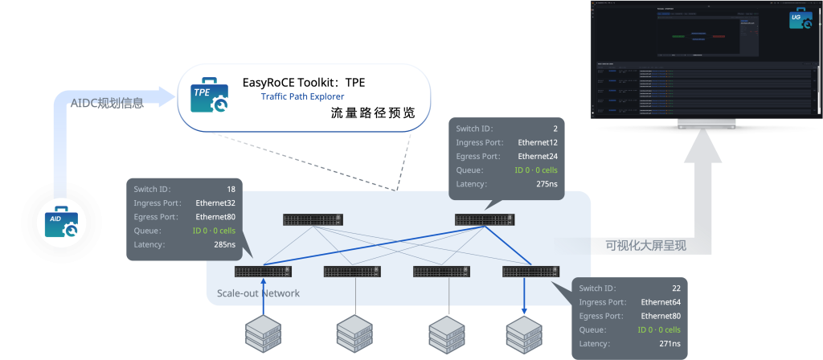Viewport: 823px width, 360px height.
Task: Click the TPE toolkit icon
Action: [x=207, y=98]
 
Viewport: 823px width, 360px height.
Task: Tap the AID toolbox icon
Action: [x=61, y=223]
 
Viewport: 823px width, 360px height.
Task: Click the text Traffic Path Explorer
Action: [x=302, y=97]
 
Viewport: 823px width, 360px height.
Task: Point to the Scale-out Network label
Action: [x=258, y=293]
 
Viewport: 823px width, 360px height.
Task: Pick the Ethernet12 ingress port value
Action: [x=538, y=142]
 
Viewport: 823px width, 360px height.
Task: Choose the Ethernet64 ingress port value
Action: [x=661, y=302]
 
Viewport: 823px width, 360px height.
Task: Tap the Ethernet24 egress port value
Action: [x=538, y=156]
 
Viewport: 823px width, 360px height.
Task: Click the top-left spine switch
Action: [x=313, y=219]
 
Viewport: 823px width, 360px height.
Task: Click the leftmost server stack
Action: [x=263, y=335]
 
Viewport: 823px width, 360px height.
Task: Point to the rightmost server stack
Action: [x=525, y=335]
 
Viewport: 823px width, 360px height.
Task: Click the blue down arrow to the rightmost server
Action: [x=525, y=297]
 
